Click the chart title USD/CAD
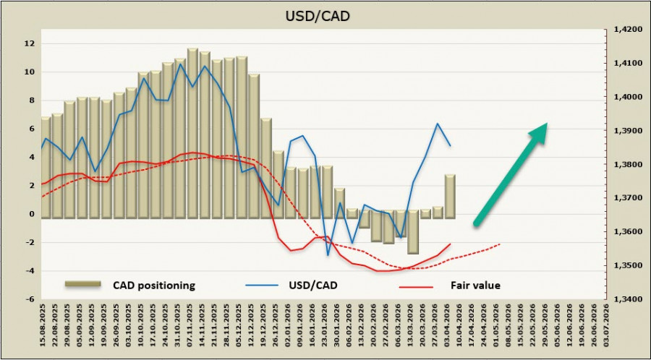[325, 14]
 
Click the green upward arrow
[511, 173]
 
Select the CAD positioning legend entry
[153, 286]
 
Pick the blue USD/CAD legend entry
[312, 286]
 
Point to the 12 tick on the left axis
[30, 43]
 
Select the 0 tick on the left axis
[31, 214]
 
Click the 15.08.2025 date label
[44, 327]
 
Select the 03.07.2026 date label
[607, 327]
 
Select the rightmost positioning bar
[450, 195]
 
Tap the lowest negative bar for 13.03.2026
[412, 233]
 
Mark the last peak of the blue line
[438, 124]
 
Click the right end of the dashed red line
[500, 244]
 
